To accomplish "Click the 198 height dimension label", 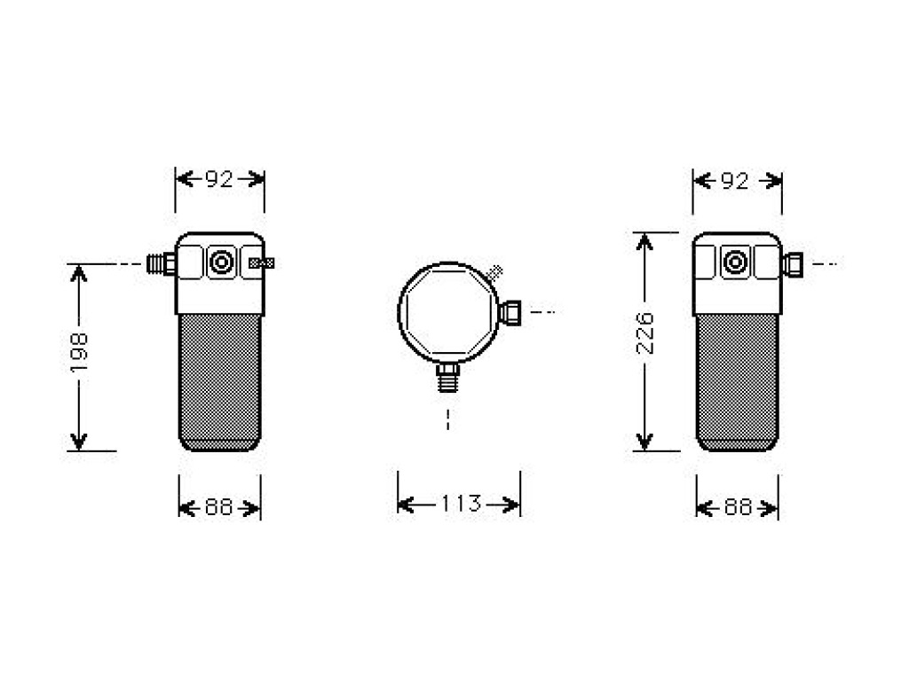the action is tap(78, 353).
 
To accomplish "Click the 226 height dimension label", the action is tap(644, 333).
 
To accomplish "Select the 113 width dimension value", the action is tap(461, 504).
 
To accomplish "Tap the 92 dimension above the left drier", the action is tap(220, 179).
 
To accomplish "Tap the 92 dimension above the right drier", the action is tap(735, 181).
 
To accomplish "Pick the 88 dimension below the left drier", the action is tap(219, 508).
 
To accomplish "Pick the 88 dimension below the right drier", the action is tap(738, 508).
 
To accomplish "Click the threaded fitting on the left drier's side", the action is tap(162, 263).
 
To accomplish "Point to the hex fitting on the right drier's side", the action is tap(793, 264).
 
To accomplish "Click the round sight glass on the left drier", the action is tap(221, 262).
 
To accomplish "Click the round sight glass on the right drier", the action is tap(735, 262).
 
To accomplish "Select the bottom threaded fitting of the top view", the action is tap(447, 377).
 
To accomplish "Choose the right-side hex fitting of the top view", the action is tap(510, 313).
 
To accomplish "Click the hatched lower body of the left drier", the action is tap(220, 382).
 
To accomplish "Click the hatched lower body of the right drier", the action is tap(738, 382).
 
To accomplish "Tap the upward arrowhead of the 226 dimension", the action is tap(644, 241).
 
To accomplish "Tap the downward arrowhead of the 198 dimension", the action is tap(78, 442).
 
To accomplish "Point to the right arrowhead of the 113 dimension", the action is tap(510, 505).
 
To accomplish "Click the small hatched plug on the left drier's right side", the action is tap(262, 263).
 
